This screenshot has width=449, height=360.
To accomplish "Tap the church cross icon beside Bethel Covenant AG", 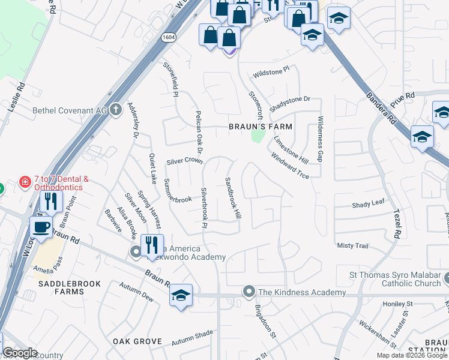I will pyautogui.click(x=116, y=110).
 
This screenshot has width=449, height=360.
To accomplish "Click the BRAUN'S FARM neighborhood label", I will pyautogui.click(x=261, y=127).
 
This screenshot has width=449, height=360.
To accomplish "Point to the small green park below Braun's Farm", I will pyautogui.click(x=258, y=137).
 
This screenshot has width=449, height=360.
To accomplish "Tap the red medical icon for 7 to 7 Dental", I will pyautogui.click(x=25, y=181).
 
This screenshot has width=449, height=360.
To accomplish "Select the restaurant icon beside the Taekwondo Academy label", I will pyautogui.click(x=151, y=245).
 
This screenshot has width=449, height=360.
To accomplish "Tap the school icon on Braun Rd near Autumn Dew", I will pyautogui.click(x=181, y=296).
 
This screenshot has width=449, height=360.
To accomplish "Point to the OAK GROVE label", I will pyautogui.click(x=137, y=341).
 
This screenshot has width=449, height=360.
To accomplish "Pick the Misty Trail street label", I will pyautogui.click(x=352, y=246).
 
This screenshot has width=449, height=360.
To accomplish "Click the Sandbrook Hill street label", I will pyautogui.click(x=233, y=197).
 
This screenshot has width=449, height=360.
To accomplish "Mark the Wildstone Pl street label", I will pyautogui.click(x=271, y=71).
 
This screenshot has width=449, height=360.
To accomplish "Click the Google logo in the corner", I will pyautogui.click(x=20, y=353).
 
